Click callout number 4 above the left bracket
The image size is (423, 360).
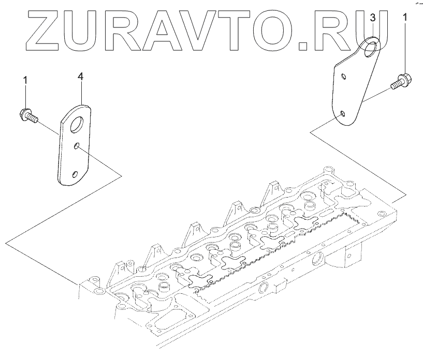coord(80,76)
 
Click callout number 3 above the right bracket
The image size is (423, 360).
coord(373,18)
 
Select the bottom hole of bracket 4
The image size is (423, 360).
coord(75,174)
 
